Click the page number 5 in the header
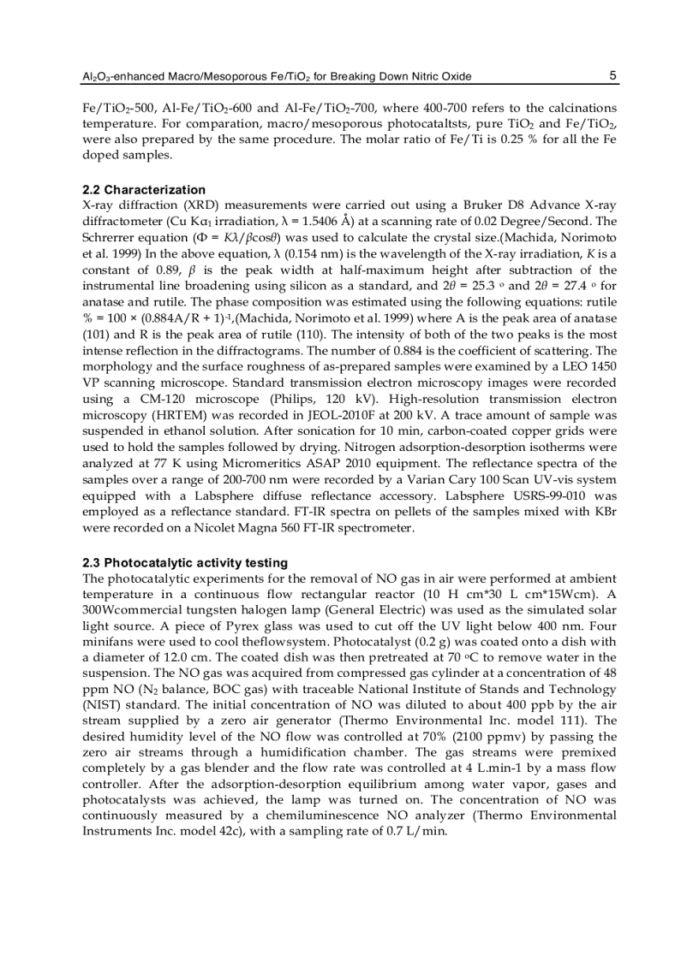pos(612,75)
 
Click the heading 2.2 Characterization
pos(144,189)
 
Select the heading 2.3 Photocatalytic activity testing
pos(185,562)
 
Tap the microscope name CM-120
pos(165,390)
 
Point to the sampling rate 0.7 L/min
pos(414,839)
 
